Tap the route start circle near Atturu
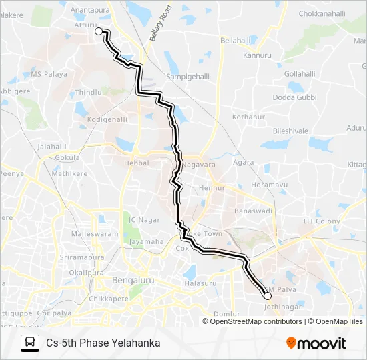99,31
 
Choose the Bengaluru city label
133,280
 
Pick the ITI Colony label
322,221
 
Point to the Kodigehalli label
107,119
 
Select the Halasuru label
200,283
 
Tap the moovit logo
316,343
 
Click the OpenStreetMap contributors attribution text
256,321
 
